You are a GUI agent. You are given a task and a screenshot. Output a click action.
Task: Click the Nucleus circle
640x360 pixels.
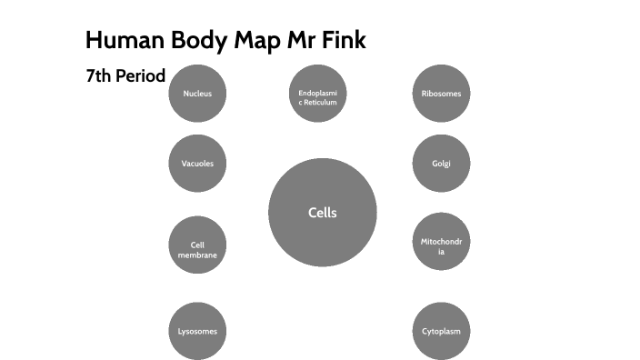(197, 94)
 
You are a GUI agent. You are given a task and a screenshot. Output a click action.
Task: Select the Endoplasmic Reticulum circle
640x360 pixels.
(317, 94)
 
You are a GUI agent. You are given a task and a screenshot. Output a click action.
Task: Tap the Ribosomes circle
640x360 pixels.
(441, 94)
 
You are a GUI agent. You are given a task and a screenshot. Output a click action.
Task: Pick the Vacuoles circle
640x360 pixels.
(197, 164)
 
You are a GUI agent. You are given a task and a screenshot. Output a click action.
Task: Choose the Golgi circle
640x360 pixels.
(441, 164)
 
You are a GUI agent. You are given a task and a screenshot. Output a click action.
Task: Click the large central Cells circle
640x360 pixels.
(322, 213)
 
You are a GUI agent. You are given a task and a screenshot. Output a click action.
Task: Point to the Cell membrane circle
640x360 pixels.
(197, 245)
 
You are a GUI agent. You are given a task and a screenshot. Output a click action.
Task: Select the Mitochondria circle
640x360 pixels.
(441, 245)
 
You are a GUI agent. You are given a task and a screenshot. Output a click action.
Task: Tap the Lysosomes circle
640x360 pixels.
(197, 331)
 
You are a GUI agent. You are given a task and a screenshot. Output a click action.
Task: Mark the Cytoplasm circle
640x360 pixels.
(441, 331)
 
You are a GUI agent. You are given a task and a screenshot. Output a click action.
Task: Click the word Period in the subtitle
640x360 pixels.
(140, 76)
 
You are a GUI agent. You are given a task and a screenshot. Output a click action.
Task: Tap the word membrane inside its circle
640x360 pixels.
(197, 255)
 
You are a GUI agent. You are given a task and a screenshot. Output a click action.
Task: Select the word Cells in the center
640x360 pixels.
(322, 213)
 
